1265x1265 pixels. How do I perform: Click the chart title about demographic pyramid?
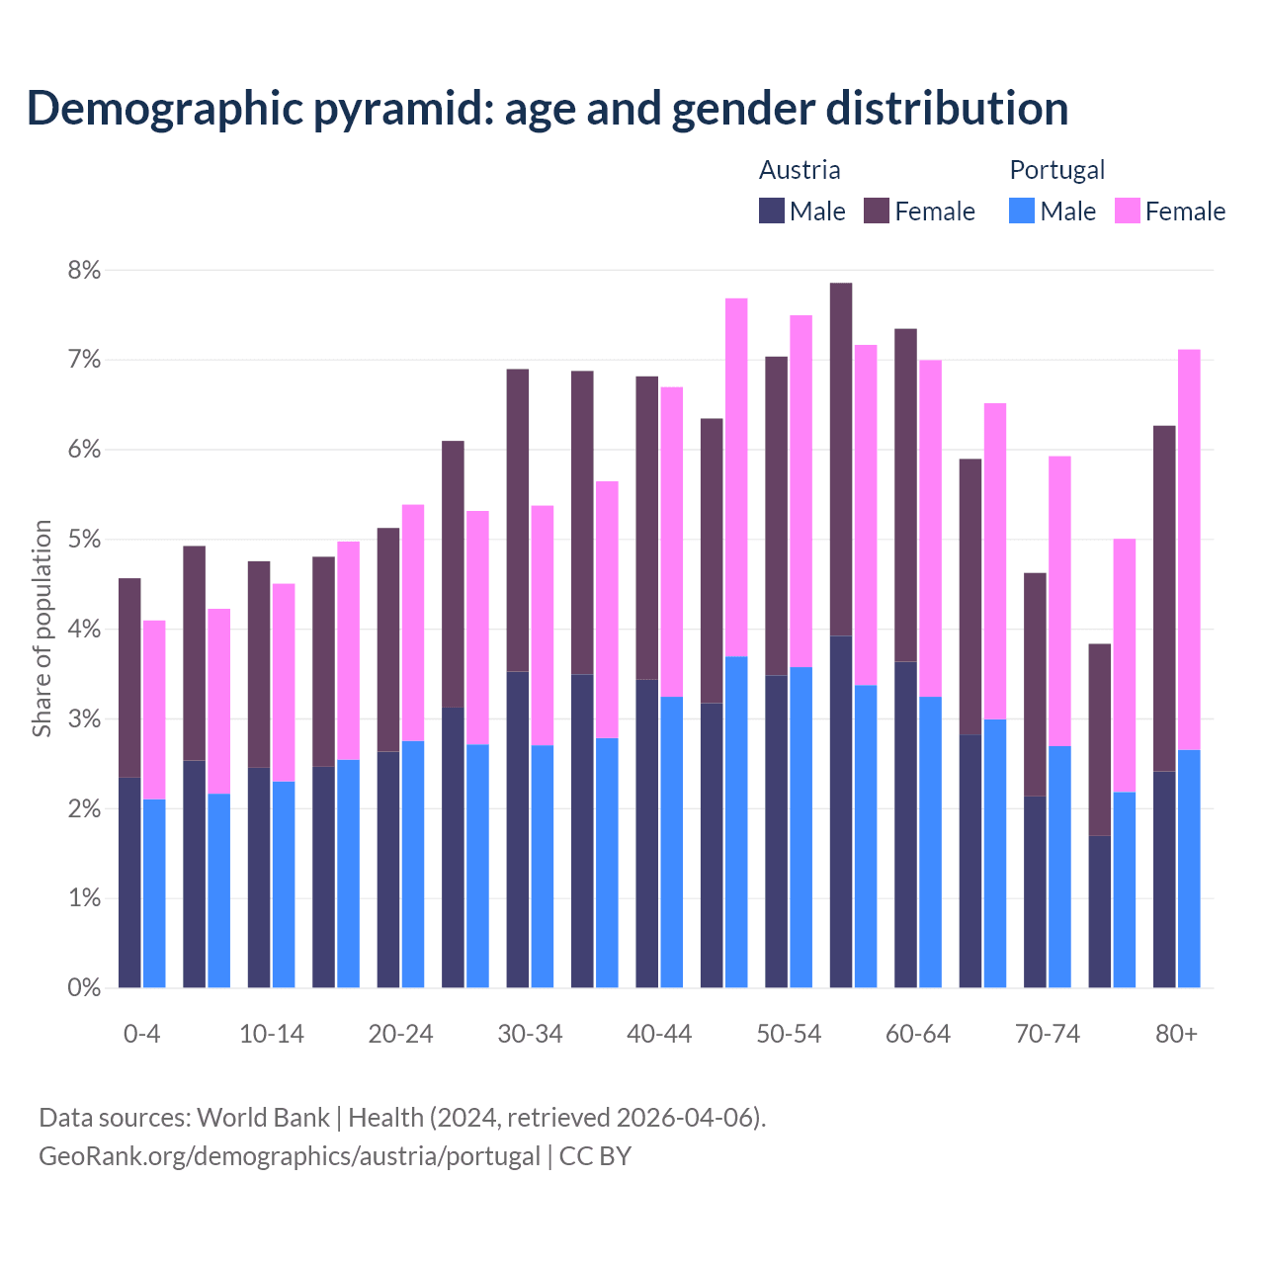pos(548,108)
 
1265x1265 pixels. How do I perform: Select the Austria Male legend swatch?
pos(772,211)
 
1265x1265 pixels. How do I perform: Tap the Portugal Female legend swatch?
pos(1127,211)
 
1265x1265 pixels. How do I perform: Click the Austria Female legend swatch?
pos(877,211)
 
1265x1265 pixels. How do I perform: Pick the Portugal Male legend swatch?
pos(1022,211)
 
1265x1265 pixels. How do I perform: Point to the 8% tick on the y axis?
pos(85,270)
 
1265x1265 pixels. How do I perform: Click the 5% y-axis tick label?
pos(85,540)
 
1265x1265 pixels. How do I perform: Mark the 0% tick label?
pos(85,987)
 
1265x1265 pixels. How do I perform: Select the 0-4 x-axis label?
pos(141,1034)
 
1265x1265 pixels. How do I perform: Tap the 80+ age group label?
pos(1176,1034)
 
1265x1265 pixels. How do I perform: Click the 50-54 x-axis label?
pos(789,1034)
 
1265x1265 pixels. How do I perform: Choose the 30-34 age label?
pos(530,1034)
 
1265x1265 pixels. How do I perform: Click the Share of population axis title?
pos(42,629)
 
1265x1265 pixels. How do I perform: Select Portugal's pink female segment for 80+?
pos(1189,549)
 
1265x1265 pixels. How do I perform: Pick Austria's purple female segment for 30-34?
pos(518,520)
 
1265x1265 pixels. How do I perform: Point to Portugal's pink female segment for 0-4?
pos(154,710)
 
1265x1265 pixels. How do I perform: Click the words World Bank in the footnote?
pos(263,1118)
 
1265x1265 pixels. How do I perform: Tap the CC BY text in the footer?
pos(595,1156)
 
